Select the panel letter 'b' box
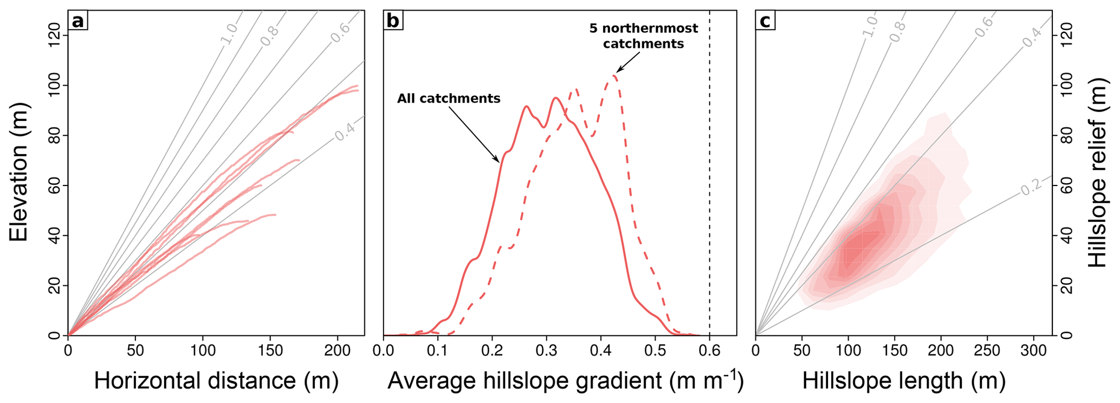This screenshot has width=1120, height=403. (393, 21)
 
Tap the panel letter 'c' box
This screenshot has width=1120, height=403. (765, 21)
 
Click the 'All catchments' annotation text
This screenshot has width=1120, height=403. (449, 99)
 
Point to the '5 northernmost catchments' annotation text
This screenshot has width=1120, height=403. (644, 36)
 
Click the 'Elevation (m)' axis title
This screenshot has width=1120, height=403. (19, 172)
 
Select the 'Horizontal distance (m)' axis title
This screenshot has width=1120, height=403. (216, 381)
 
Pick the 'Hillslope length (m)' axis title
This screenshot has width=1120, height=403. (904, 381)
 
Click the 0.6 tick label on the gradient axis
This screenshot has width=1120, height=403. (710, 350)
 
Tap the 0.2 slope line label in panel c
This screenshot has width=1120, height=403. (1031, 188)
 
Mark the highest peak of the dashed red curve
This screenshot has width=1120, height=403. (614, 75)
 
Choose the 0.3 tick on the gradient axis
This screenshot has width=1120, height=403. (547, 350)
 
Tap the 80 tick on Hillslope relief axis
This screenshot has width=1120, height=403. (1066, 136)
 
